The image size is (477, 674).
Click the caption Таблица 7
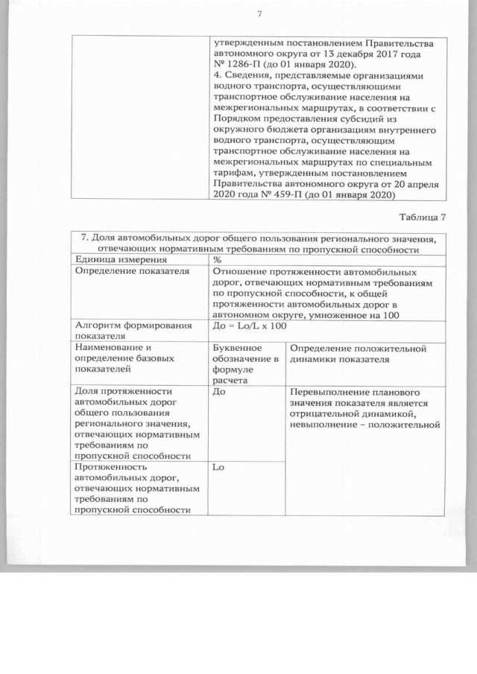pyautogui.click(x=423, y=217)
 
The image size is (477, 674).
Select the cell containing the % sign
pyautogui.click(x=218, y=259)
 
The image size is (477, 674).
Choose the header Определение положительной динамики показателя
pyautogui.click(x=357, y=353)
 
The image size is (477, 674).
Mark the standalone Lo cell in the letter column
pyautogui.click(x=218, y=467)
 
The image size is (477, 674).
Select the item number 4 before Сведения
pyautogui.click(x=216, y=76)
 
